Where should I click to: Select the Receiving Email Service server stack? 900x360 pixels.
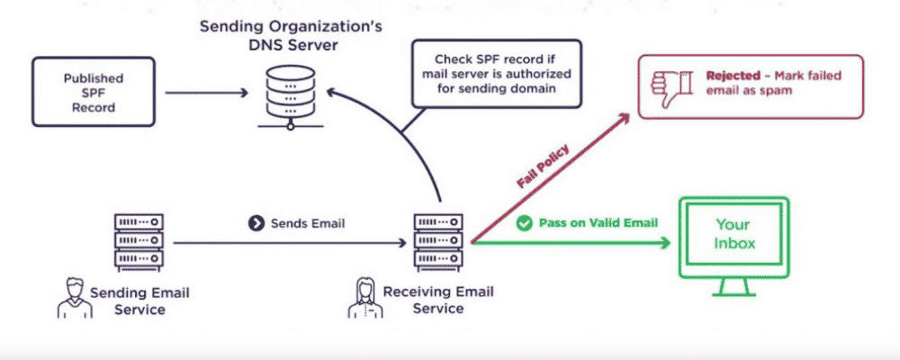click(439, 241)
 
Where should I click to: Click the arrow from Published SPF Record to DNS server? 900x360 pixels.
click(207, 92)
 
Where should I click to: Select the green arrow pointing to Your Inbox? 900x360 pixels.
click(576, 242)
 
